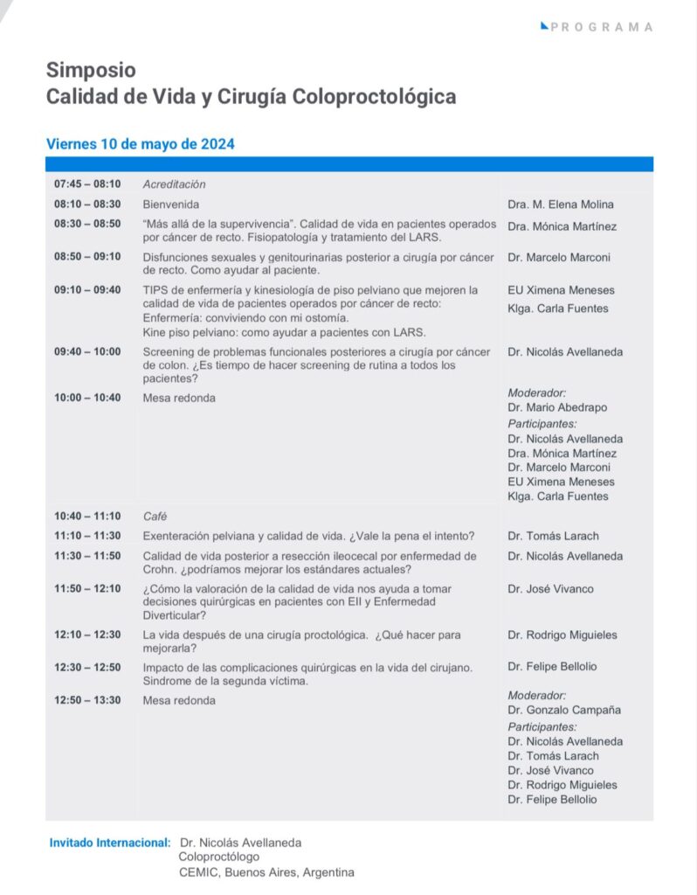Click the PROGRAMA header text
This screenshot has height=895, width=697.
[x=602, y=27]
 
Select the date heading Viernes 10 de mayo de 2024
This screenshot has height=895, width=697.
[x=140, y=144]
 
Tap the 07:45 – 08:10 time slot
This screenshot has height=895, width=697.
[x=87, y=184]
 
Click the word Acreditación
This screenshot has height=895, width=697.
[x=174, y=184]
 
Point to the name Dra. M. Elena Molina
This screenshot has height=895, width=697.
[x=561, y=205]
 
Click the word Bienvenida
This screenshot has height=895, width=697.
[x=171, y=205]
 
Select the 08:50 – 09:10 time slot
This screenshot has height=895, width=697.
[x=87, y=257]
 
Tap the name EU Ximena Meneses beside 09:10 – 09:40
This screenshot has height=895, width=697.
[x=561, y=290]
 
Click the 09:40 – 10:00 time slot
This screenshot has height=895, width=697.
[x=87, y=352]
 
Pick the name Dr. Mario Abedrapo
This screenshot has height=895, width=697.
[x=557, y=408]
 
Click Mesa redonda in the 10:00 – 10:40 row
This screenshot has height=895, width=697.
[x=179, y=399]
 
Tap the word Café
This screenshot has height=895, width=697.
[x=155, y=516]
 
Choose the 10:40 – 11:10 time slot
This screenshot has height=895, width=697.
[x=87, y=516]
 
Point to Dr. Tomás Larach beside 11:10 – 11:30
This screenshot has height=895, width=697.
[x=553, y=536]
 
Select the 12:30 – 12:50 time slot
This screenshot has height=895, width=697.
[x=87, y=667]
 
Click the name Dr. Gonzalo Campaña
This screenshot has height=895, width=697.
[x=563, y=710]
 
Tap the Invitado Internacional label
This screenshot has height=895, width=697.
[x=110, y=843]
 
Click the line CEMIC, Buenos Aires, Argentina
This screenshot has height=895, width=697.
[x=266, y=872]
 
